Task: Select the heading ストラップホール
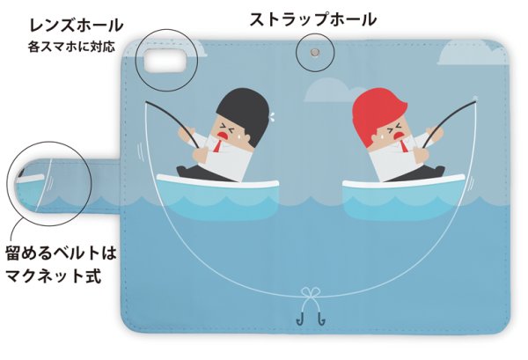[312, 18]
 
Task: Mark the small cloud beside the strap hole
[331, 89]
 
